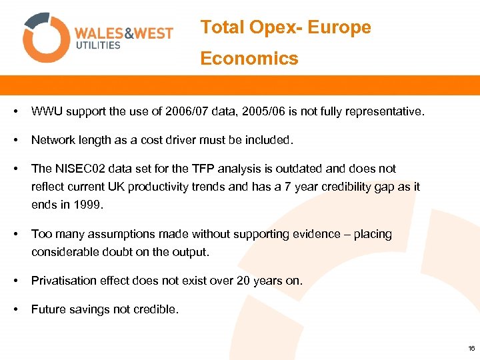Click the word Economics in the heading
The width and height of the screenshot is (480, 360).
[x=249, y=59]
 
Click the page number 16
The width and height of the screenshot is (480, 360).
[x=472, y=348]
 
